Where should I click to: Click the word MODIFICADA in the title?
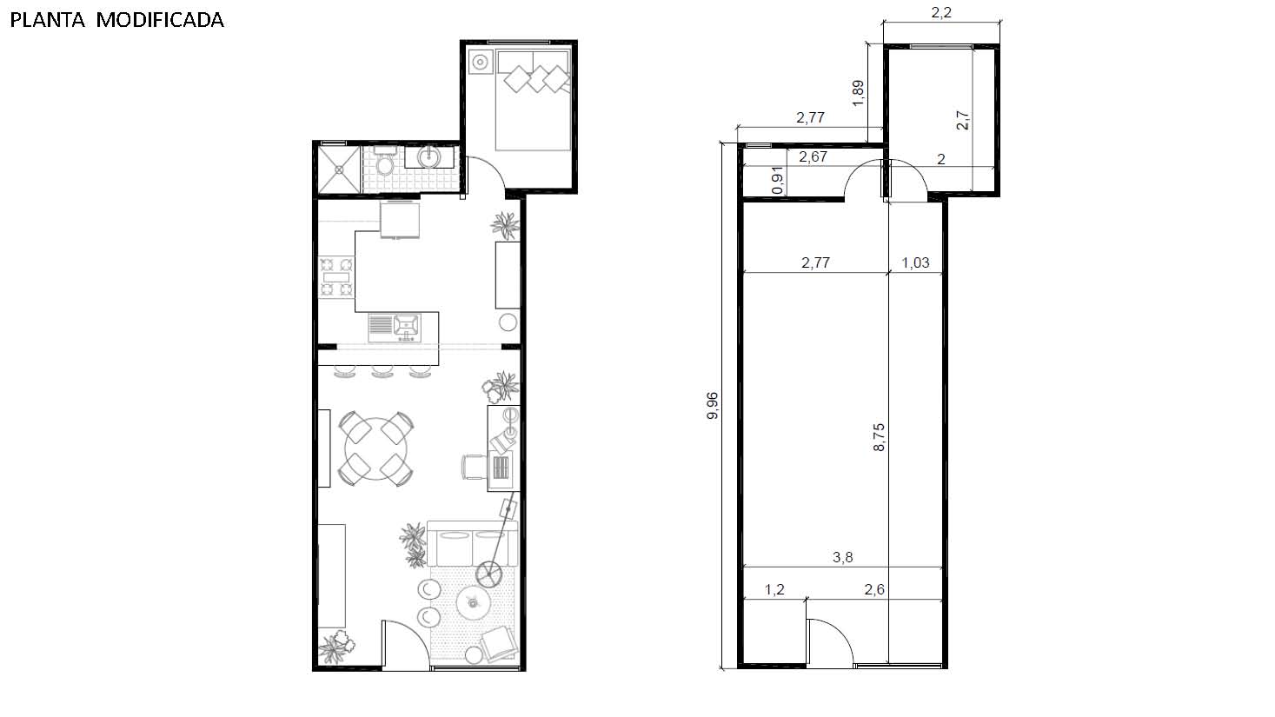(160, 20)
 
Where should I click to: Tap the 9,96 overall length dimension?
(712, 406)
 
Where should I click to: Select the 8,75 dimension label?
(879, 437)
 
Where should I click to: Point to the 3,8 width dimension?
(842, 557)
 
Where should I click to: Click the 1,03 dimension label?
(915, 262)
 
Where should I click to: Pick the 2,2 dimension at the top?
(941, 12)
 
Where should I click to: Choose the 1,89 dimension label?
(859, 93)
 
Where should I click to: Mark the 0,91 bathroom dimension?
(778, 180)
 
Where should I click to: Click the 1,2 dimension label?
(774, 589)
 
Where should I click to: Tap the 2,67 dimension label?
(813, 156)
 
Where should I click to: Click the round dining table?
(376, 449)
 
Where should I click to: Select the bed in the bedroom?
(534, 100)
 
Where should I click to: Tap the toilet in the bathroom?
(385, 162)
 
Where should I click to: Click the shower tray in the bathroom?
(339, 169)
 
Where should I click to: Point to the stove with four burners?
(336, 277)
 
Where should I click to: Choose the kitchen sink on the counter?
(395, 328)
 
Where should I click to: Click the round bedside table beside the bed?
(481, 62)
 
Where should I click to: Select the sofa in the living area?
(473, 543)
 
